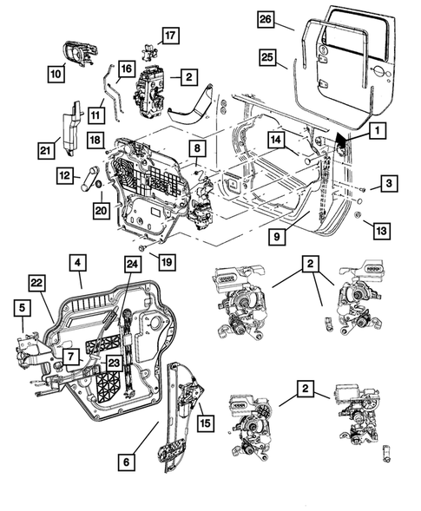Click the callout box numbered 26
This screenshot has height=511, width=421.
[266, 19]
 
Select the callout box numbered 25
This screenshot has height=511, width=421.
[267, 57]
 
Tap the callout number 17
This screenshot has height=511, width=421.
[170, 36]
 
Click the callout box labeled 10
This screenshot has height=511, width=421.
[56, 74]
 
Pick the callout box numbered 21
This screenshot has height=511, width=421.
[46, 150]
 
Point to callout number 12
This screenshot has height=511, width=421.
[65, 175]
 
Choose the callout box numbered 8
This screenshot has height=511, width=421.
[197, 148]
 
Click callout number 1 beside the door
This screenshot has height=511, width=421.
[378, 131]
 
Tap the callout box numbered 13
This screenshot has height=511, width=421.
[381, 231]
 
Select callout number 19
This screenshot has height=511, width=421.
[167, 262]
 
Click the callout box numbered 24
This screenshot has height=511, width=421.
[133, 264]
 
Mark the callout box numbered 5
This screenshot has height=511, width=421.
[23, 308]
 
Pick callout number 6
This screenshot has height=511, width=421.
[126, 462]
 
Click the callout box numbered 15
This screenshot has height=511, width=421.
[206, 423]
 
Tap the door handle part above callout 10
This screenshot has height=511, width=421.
[80, 54]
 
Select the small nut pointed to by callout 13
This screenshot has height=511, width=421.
[357, 215]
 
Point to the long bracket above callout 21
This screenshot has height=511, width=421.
[72, 128]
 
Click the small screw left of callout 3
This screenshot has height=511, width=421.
[362, 189]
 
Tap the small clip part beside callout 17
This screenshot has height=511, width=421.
[148, 51]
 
